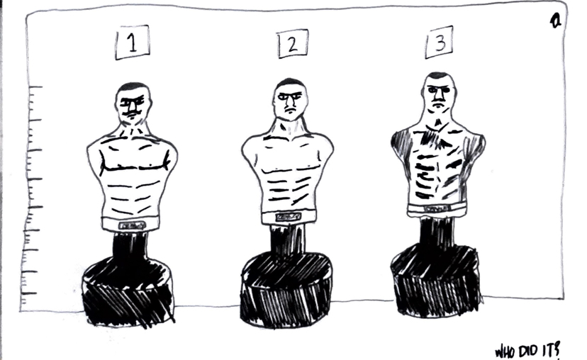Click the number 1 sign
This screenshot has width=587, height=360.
point(133,43)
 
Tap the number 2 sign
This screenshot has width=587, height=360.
point(293,44)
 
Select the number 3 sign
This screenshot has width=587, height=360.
point(440,43)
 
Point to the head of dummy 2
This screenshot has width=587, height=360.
point(290,99)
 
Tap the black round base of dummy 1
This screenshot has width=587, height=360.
point(128,292)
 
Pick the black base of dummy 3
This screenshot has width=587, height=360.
point(436,281)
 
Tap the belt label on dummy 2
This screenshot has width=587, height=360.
point(289,217)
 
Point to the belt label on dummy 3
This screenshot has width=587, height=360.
point(438,209)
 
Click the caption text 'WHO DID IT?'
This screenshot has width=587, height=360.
point(528,351)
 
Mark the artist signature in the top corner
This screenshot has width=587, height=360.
point(556,21)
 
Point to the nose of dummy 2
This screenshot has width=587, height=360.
point(289,102)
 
